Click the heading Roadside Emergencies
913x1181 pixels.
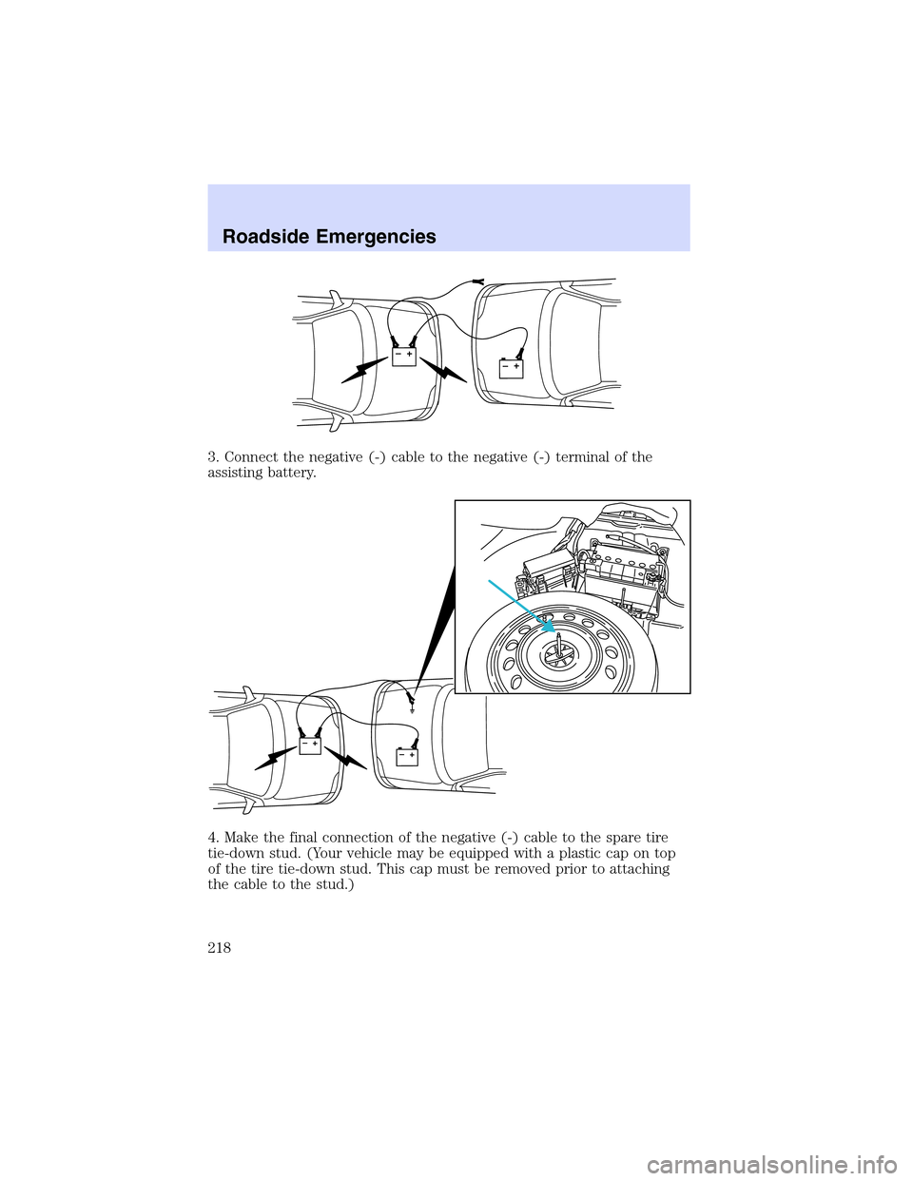pos(329,237)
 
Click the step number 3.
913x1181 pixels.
pos(213,457)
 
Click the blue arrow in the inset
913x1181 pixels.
pos(522,607)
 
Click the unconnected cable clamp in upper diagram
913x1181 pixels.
pos(478,281)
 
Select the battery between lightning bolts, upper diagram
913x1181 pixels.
pos(404,358)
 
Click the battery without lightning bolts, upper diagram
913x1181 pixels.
pos(512,369)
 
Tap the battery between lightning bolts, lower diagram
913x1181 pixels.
pos(310,745)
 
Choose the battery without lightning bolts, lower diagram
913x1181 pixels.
pos(407,757)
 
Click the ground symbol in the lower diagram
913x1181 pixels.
pos(413,708)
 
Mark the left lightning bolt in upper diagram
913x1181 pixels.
pos(365,370)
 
